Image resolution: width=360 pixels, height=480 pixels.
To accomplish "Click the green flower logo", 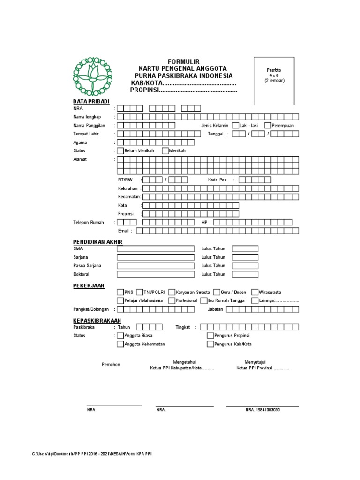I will (92, 76).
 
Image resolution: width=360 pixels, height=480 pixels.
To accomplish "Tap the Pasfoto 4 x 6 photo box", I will (274, 81).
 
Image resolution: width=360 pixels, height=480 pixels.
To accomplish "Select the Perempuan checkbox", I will (267, 125).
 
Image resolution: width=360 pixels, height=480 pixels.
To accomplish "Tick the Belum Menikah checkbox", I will (120, 150).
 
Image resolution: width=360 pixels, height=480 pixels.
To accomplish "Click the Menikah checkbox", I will (165, 150).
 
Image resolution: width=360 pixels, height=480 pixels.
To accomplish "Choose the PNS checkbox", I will (120, 292).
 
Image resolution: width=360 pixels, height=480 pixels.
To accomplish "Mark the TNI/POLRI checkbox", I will (140, 292).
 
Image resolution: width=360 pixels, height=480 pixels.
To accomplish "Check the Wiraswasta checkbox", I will (255, 292).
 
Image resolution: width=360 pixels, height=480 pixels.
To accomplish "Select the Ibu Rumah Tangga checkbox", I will (204, 300).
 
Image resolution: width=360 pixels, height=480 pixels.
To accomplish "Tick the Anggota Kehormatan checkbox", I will (120, 344).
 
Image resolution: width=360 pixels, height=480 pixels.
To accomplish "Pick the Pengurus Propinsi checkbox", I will (210, 335).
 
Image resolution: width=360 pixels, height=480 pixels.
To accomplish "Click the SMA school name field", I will (155, 248).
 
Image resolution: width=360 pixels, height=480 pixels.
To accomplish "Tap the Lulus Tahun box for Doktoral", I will (245, 274).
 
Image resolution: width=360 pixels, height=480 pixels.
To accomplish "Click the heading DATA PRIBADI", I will (91, 101).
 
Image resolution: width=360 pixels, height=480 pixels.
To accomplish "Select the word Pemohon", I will (111, 365).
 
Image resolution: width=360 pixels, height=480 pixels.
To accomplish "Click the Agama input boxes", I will (155, 142).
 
